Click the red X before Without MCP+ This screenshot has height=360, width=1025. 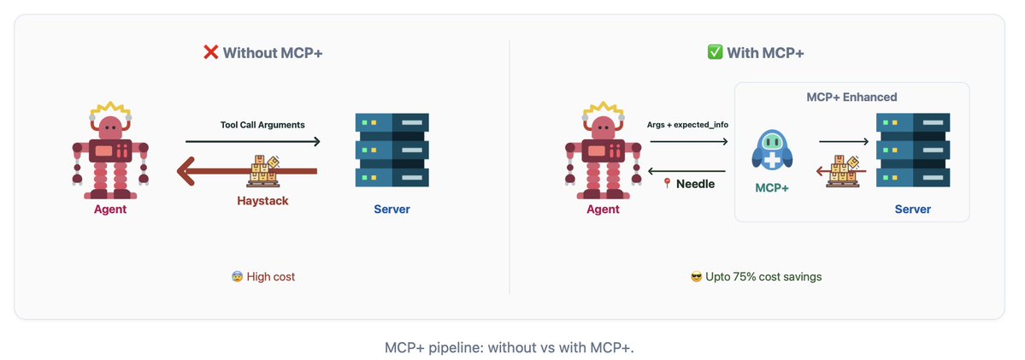[210, 52]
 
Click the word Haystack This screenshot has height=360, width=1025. [262, 201]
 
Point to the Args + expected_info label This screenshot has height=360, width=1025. [686, 125]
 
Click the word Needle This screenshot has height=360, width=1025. [696, 184]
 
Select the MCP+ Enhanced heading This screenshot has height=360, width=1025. [851, 97]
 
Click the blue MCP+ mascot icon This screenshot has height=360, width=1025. [772, 150]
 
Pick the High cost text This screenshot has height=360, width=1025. [270, 277]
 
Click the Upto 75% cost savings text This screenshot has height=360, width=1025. [763, 277]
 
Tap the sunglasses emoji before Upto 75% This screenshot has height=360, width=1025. [697, 277]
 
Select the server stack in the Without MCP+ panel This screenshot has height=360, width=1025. [392, 150]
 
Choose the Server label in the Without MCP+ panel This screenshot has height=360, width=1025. [392, 209]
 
